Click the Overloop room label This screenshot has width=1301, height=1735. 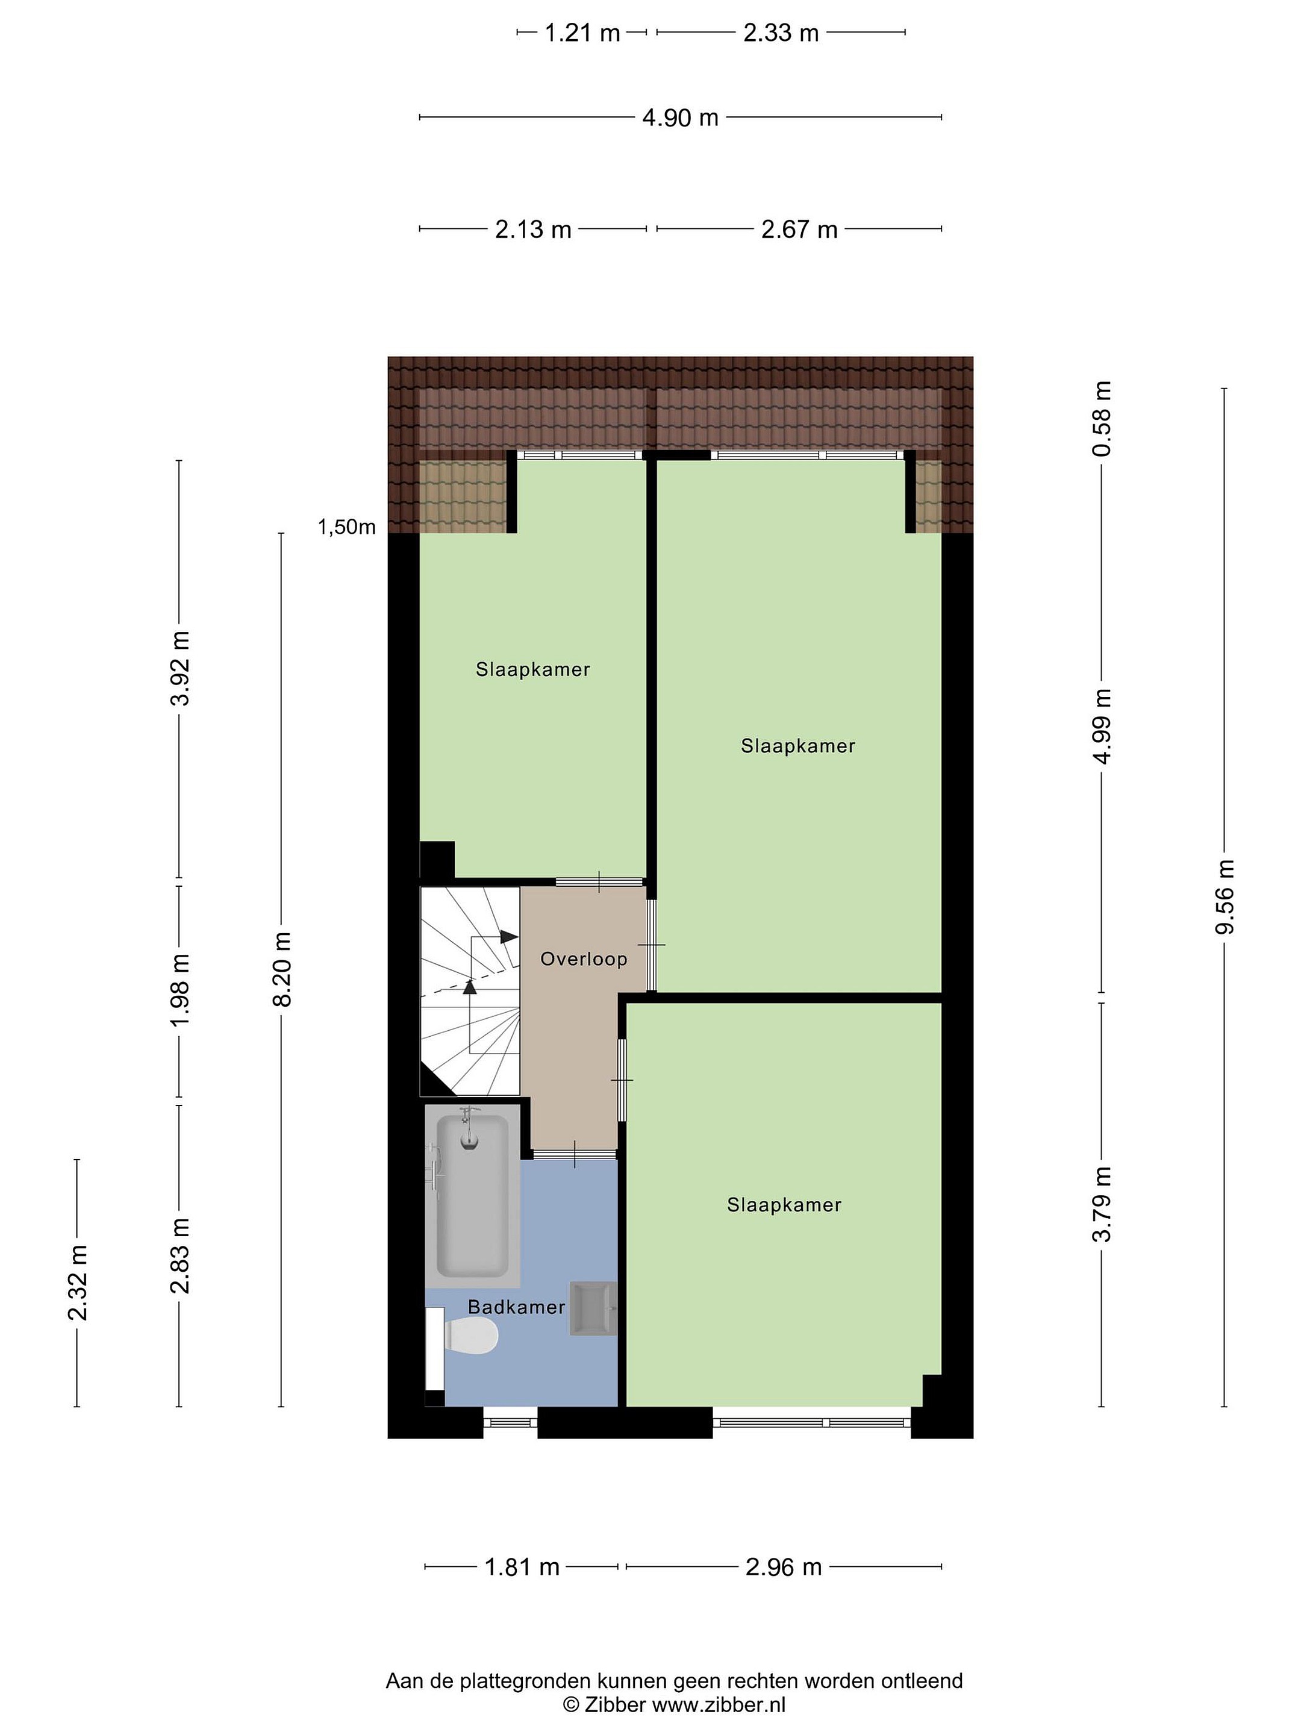pyautogui.click(x=584, y=958)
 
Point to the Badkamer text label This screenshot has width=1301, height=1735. pyautogui.click(x=516, y=1307)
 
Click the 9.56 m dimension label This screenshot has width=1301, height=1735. pyautogui.click(x=1224, y=896)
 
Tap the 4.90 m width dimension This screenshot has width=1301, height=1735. pyautogui.click(x=680, y=117)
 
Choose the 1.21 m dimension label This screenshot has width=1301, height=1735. pyautogui.click(x=582, y=33)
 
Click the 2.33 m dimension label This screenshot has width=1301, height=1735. pyautogui.click(x=781, y=33)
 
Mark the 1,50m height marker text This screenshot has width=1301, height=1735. pyautogui.click(x=346, y=527)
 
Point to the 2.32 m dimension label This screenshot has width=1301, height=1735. pyautogui.click(x=78, y=1283)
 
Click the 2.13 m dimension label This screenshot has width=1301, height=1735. pyautogui.click(x=532, y=230)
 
